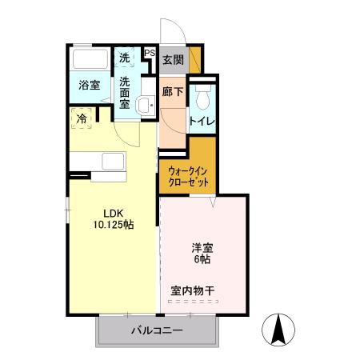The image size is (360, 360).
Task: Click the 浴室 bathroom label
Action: pyautogui.click(x=89, y=86)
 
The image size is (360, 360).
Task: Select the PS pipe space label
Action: pyautogui.click(x=150, y=54)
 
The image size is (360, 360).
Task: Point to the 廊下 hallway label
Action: pyautogui.click(x=172, y=92)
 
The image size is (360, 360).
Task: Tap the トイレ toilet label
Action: pyautogui.click(x=201, y=122)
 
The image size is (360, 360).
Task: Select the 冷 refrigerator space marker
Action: pyautogui.click(x=82, y=118)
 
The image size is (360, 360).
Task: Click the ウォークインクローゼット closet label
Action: pyautogui.click(x=190, y=176)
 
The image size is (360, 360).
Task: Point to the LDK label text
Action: pyautogui.click(x=112, y=213)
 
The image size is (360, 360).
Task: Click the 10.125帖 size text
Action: pyautogui.click(x=112, y=225)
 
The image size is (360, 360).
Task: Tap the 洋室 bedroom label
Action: pyautogui.click(x=202, y=247)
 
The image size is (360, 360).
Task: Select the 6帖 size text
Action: pyautogui.click(x=202, y=260)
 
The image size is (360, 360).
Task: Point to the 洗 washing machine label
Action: pyautogui.click(x=125, y=58)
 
